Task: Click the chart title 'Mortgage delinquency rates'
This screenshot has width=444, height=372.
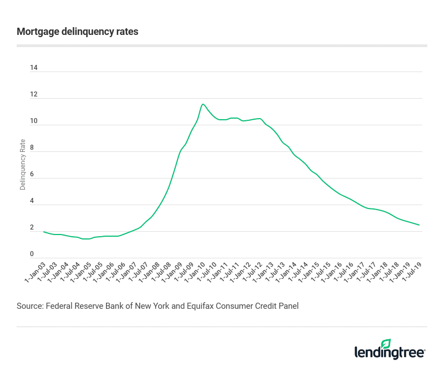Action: point(78,32)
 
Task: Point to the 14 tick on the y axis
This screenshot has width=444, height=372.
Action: point(34,68)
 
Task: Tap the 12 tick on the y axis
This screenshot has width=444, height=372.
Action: point(34,95)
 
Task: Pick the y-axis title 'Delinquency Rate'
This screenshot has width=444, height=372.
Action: point(23,165)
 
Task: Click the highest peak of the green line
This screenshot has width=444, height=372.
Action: point(203,104)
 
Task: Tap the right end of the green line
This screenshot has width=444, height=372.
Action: point(419,225)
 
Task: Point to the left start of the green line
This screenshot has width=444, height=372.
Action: point(43,232)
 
